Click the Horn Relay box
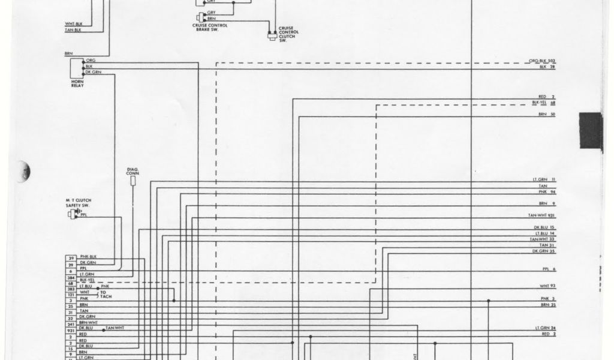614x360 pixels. [79, 67]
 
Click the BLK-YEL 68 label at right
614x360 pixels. [544, 103]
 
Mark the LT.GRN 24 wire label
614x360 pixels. [545, 328]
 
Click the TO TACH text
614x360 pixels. [105, 295]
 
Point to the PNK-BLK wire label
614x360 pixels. [88, 257]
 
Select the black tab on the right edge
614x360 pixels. [590, 130]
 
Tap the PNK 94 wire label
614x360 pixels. [547, 193]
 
